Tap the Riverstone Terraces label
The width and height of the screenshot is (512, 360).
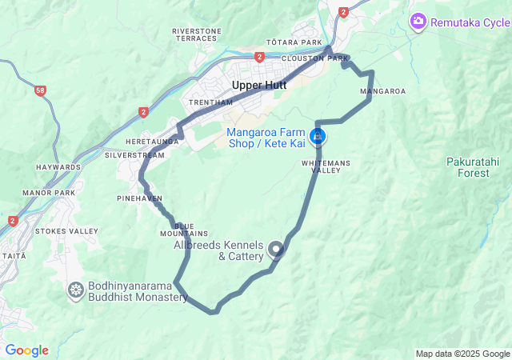click(196, 34)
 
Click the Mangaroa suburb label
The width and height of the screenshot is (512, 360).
click(382, 91)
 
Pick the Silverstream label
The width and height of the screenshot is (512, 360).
click(134, 154)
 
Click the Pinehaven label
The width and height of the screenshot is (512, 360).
click(139, 197)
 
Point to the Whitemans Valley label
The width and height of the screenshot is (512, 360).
click(326, 166)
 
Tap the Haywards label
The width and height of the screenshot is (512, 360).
click(58, 167)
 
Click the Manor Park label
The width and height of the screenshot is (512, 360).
click(48, 193)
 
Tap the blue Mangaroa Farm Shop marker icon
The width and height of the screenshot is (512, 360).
click(319, 136)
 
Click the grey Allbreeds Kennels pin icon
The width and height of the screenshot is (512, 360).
click(277, 250)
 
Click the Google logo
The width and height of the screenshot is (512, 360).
click(26, 350)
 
